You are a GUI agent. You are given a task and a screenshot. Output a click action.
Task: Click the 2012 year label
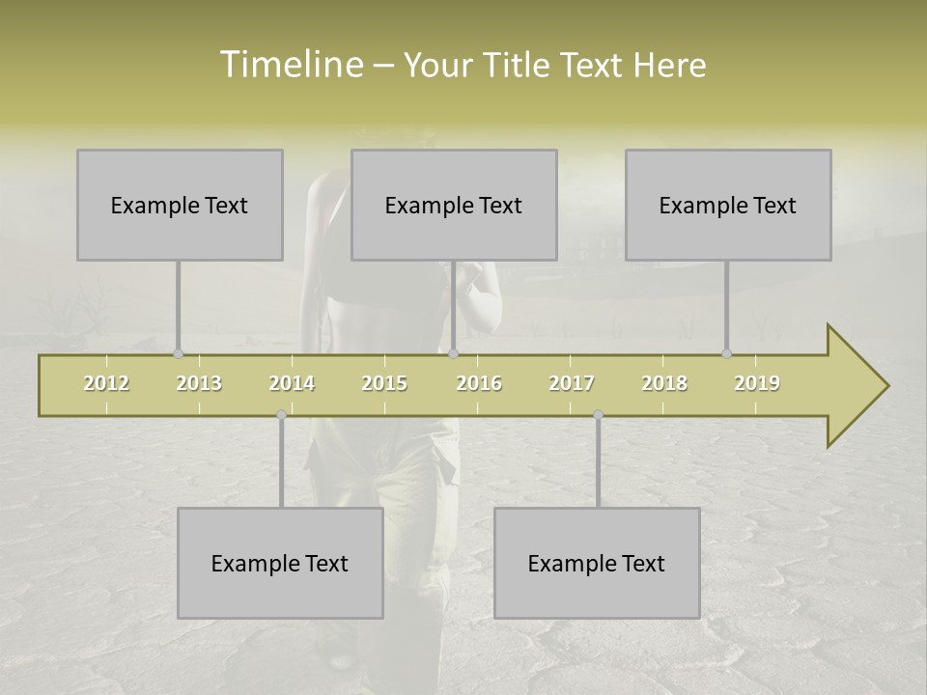[x=106, y=383]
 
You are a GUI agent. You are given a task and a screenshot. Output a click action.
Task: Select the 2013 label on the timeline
[x=199, y=383]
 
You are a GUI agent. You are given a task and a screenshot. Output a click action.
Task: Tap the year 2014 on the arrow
[x=292, y=383]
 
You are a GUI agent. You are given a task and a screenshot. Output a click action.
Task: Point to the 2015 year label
[x=384, y=383]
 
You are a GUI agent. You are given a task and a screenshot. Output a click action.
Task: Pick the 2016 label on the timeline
[x=479, y=383]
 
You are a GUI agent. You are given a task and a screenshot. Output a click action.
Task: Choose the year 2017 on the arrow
[x=572, y=383]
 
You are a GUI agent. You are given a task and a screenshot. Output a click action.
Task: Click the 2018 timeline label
[x=664, y=383]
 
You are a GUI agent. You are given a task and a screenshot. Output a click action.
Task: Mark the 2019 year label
[x=757, y=383]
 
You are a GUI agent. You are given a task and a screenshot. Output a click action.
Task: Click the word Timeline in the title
[x=290, y=65]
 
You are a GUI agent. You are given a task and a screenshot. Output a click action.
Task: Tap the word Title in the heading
[x=518, y=65]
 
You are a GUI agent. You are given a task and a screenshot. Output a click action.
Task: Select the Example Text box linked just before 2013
[x=180, y=205]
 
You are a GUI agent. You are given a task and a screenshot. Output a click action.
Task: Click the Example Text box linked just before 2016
[x=454, y=205]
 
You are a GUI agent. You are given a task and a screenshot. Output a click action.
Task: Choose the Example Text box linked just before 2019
[x=728, y=205]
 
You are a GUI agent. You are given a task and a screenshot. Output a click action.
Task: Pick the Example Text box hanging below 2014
[x=280, y=563]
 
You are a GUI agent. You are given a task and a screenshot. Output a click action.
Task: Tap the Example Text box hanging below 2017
[x=597, y=563]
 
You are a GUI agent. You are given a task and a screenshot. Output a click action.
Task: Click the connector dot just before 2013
[x=178, y=354]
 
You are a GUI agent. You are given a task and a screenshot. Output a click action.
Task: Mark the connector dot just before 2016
[x=453, y=354]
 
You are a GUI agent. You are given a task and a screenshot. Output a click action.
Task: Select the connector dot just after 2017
[x=598, y=415]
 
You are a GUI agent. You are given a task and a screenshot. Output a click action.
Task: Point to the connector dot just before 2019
[x=726, y=354]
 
